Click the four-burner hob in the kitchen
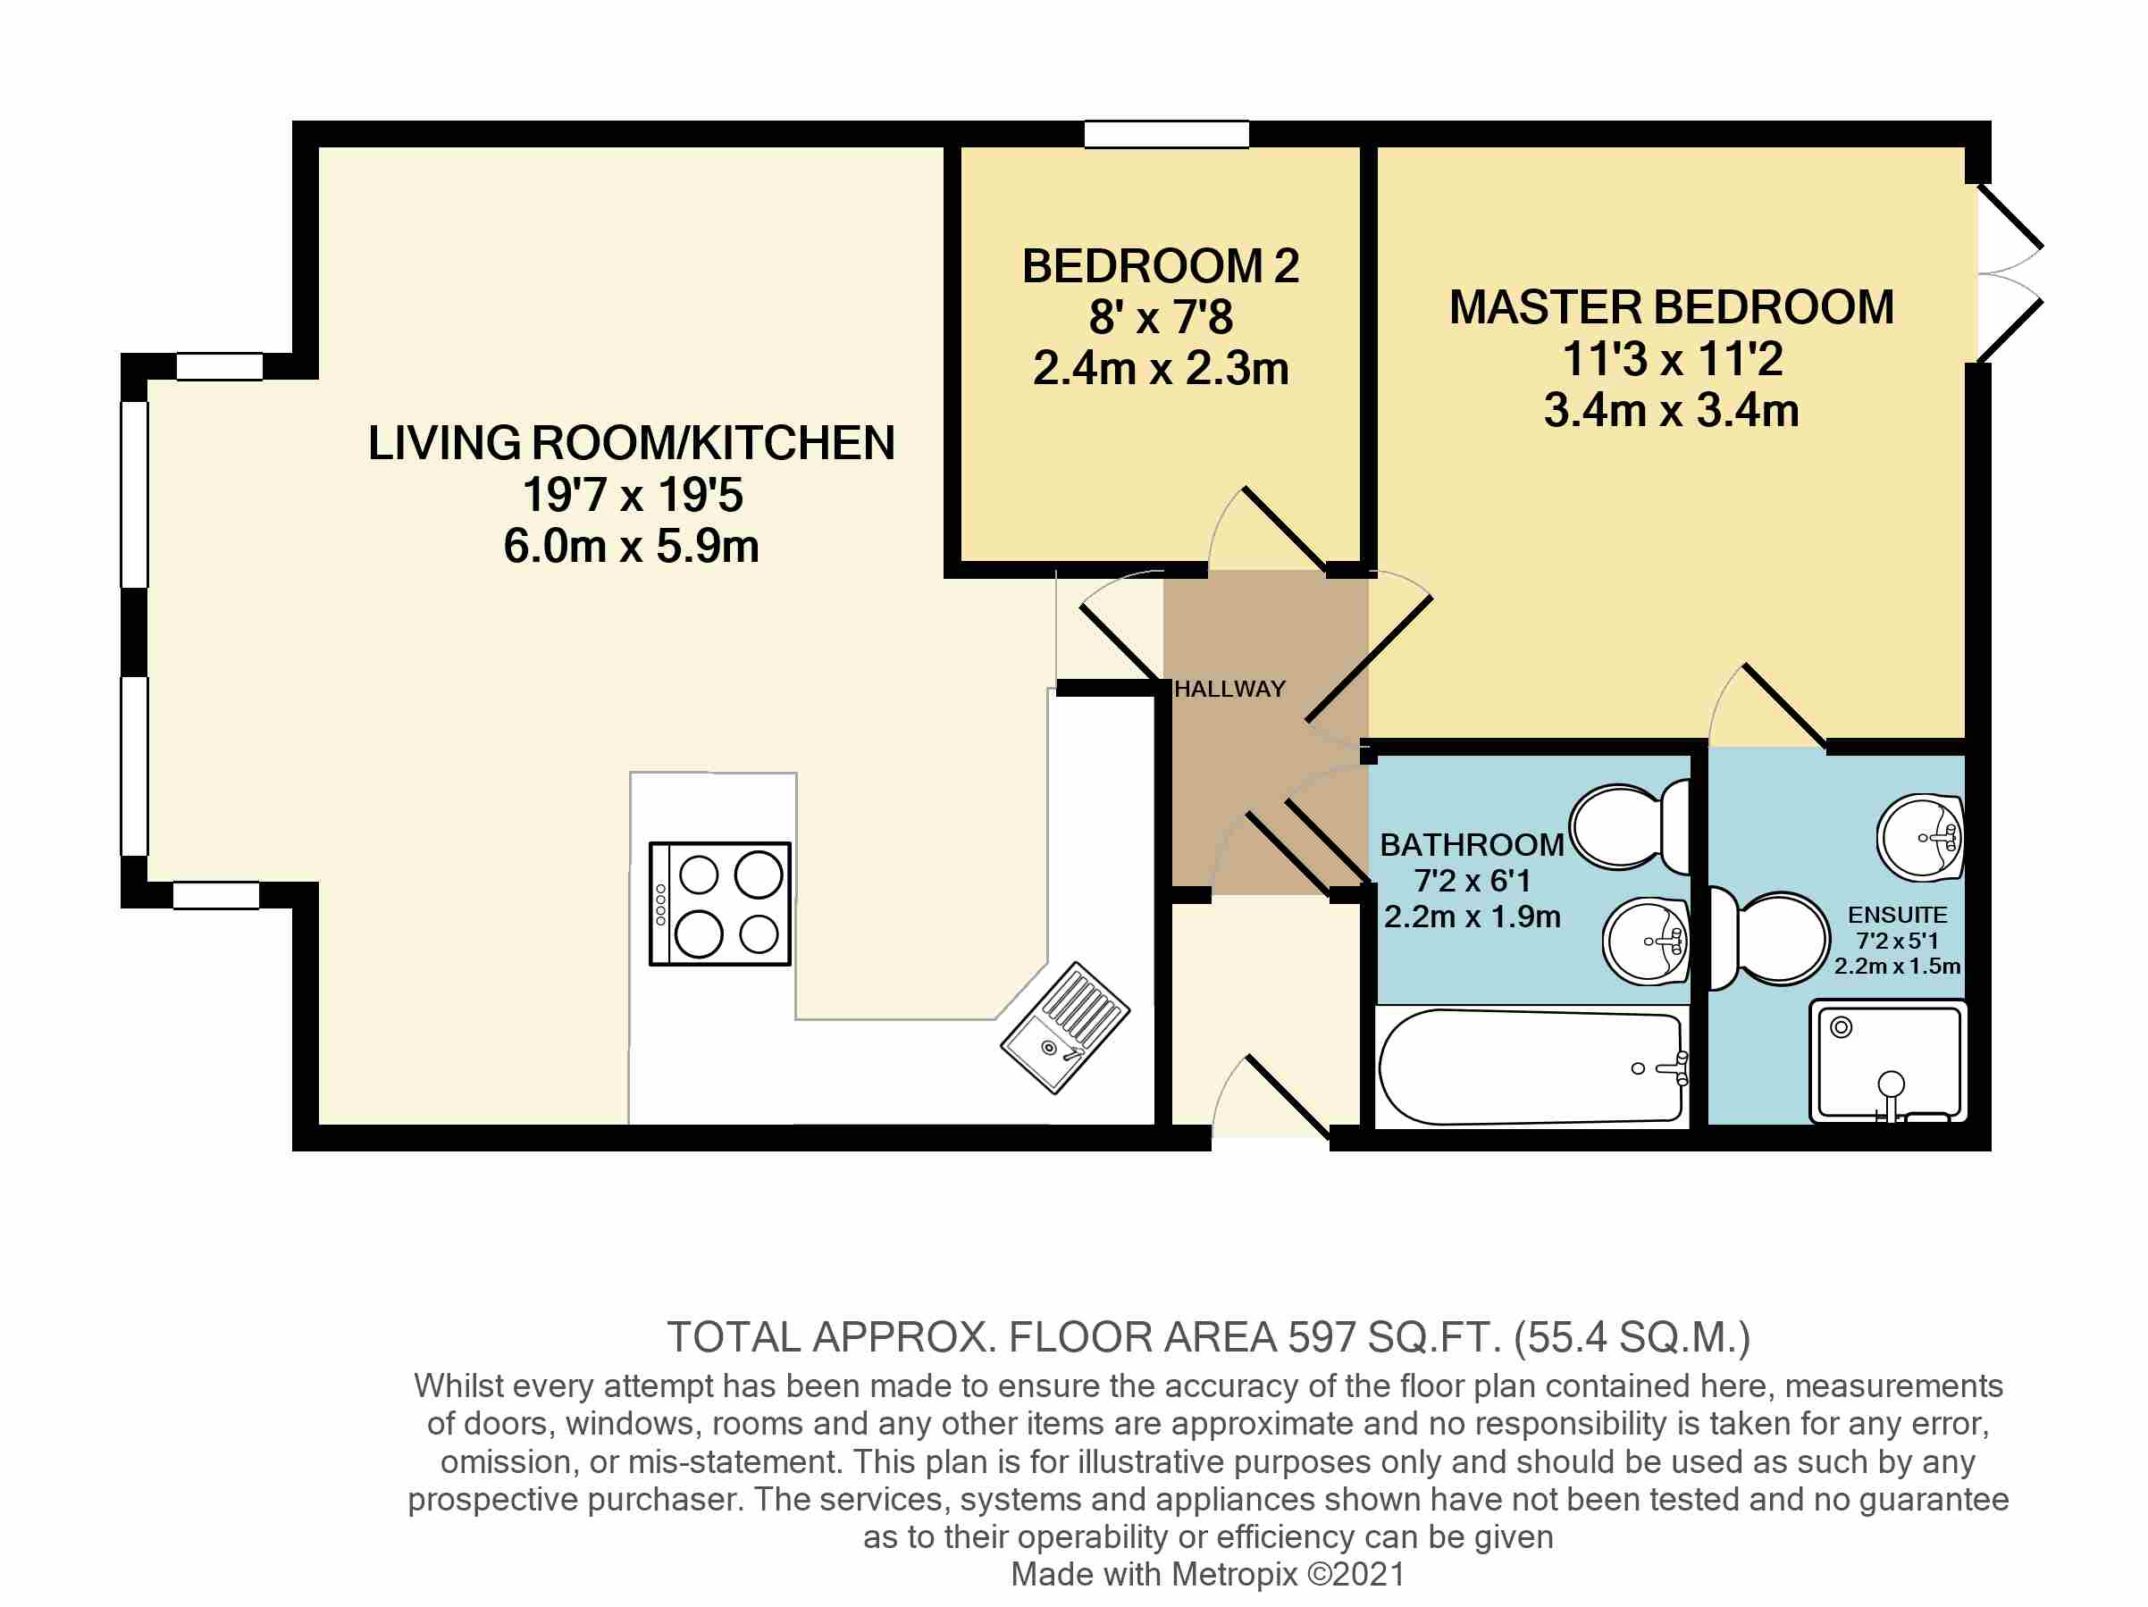tap(719, 903)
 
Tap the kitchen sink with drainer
tap(1064, 1026)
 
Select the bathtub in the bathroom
tap(1531, 1067)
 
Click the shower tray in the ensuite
tap(1888, 1062)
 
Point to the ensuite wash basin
tap(1920, 837)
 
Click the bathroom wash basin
tap(1647, 941)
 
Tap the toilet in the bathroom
tap(1630, 827)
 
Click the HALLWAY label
tap(1229, 690)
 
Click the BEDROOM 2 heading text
tap(1161, 266)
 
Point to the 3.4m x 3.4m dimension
tap(1671, 410)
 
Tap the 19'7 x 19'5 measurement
tap(633, 494)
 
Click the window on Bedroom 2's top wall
tap(1166, 134)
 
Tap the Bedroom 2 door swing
tap(1267, 529)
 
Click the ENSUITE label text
tap(1897, 915)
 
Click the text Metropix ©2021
tap(1288, 1574)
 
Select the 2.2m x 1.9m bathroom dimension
tap(1473, 916)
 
